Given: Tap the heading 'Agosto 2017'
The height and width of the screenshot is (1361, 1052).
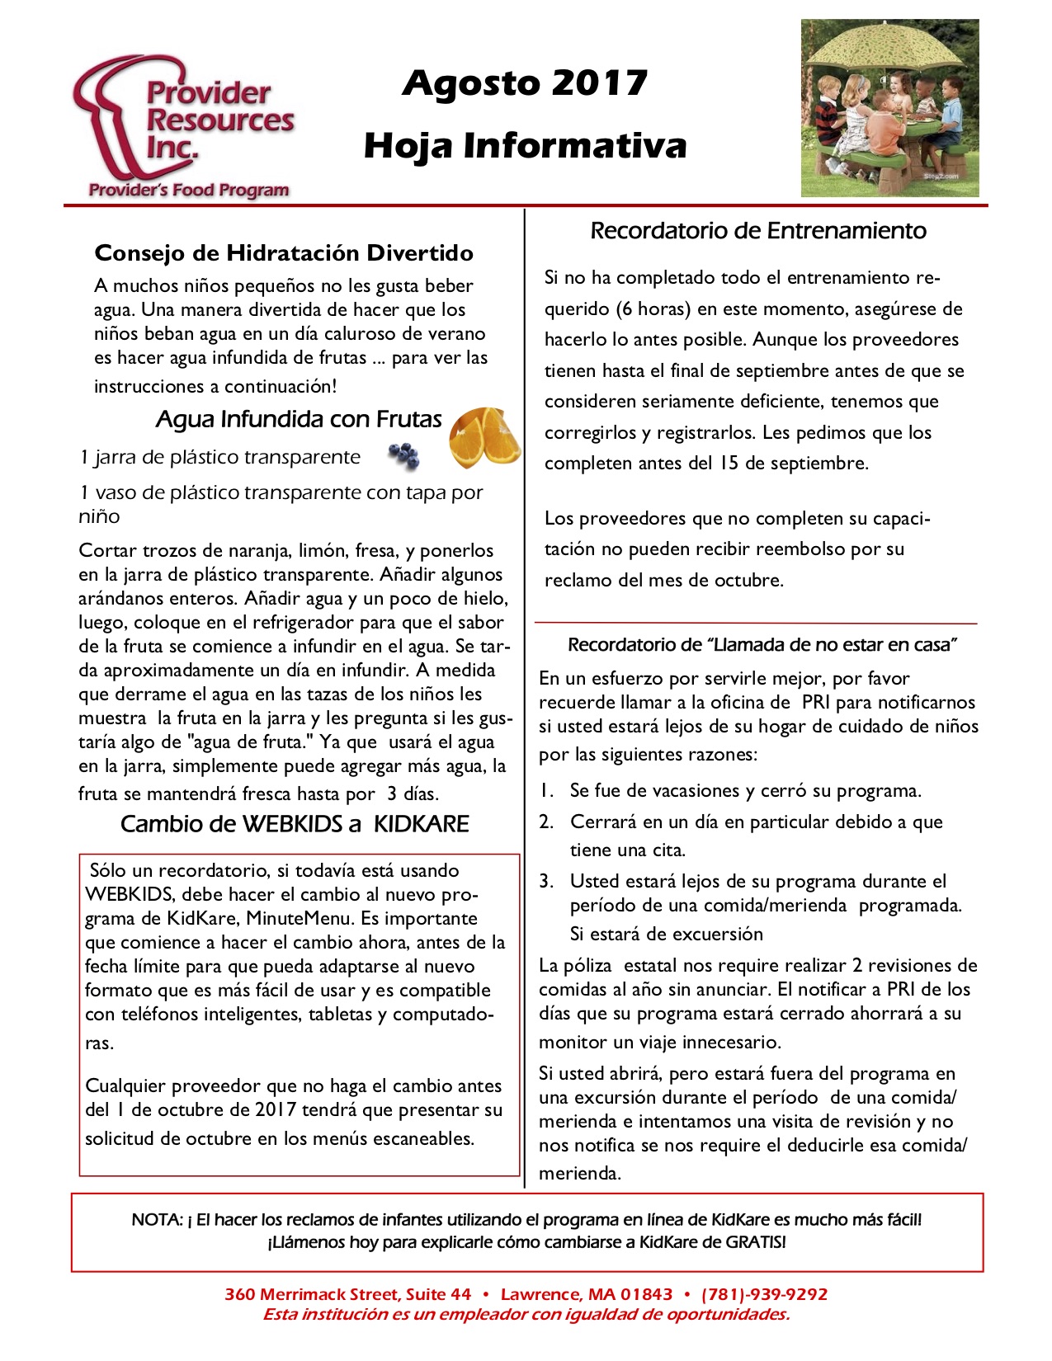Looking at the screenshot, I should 525,82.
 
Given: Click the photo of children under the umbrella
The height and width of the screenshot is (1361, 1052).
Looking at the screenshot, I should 889,108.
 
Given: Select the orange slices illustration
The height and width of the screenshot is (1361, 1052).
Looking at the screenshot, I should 484,436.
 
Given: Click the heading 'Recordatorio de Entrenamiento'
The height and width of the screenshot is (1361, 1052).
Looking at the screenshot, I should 758,231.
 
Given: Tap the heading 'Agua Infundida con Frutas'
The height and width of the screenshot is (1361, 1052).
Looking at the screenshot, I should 299,419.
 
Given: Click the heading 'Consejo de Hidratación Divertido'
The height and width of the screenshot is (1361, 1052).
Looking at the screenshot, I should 284,252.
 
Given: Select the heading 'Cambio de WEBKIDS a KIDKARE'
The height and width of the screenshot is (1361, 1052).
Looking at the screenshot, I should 295,824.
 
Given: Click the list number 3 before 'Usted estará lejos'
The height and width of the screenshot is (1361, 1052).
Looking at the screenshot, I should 546,881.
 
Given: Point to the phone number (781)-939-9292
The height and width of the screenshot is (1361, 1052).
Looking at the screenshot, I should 764,1294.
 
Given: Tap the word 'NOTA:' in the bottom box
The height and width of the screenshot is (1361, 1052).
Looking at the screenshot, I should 157,1219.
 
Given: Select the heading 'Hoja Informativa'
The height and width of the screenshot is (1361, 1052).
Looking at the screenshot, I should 525,145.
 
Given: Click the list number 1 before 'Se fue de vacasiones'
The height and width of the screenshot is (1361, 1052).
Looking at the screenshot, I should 546,790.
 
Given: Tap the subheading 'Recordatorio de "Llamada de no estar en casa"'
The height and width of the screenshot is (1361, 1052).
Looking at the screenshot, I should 762,645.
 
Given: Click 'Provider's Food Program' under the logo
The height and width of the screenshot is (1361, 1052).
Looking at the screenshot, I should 189,191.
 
